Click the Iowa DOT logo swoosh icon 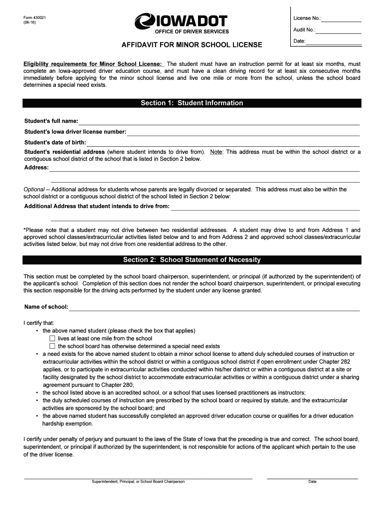[146, 21]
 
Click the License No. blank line [341, 19]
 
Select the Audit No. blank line [339, 31]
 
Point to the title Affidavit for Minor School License [192, 45]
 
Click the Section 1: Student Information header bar [192, 103]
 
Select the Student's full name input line [219, 122]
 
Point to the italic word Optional [34, 190]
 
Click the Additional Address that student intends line [265, 207]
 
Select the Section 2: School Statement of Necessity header [192, 260]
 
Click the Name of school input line [214, 307]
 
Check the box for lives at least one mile [52, 338]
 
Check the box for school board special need [52, 346]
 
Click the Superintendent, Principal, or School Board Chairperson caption [138, 482]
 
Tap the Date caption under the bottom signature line [312, 482]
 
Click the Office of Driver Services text [192, 32]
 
